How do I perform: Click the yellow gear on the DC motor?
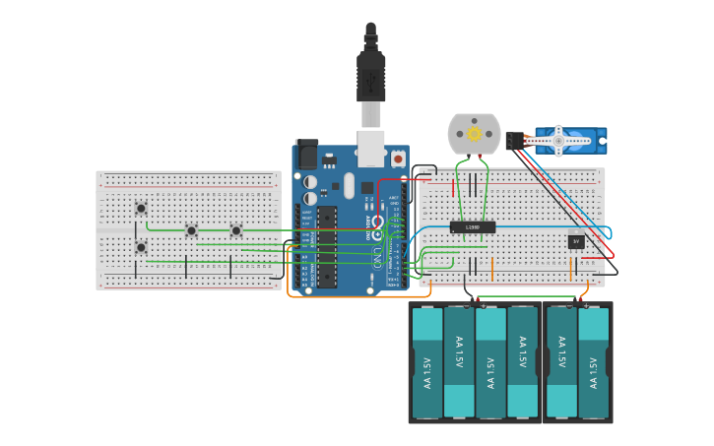click(x=474, y=133)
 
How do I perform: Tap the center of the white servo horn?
click(x=558, y=141)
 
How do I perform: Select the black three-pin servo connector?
click(x=513, y=141)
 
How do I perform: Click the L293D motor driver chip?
click(x=473, y=227)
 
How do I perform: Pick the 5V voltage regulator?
click(x=576, y=241)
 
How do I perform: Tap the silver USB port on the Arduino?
click(x=370, y=148)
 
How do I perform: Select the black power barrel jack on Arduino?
click(x=306, y=155)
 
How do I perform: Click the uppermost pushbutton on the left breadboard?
click(x=141, y=208)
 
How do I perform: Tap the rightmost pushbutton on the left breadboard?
click(x=236, y=230)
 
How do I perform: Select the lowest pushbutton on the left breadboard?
click(x=141, y=247)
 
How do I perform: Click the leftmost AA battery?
click(x=427, y=362)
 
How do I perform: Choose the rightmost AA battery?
click(x=594, y=362)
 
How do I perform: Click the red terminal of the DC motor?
click(x=481, y=156)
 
